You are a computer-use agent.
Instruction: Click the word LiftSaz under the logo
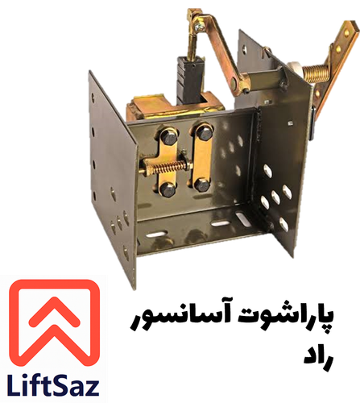53,385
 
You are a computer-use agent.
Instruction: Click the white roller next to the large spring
295,71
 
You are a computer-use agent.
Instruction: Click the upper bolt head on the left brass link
169,138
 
